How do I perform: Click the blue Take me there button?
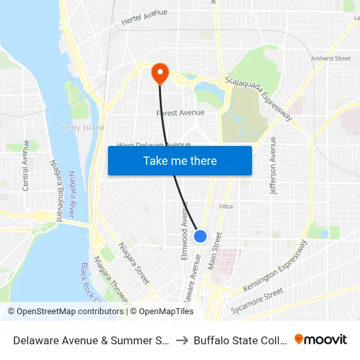[x=180, y=160]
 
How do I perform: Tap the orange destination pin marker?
[x=160, y=73]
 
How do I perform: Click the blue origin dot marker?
[x=200, y=236]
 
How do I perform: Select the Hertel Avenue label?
[x=144, y=17]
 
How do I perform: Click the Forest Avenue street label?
[x=180, y=113]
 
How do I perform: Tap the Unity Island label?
[x=83, y=128]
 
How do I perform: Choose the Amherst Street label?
[x=331, y=58]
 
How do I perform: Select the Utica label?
[x=226, y=206]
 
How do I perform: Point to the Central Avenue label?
[x=26, y=165]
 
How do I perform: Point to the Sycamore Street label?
[x=256, y=300]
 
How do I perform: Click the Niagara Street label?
[x=133, y=262]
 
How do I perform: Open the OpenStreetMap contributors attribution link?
[x=66, y=312]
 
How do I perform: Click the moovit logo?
[x=321, y=339]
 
